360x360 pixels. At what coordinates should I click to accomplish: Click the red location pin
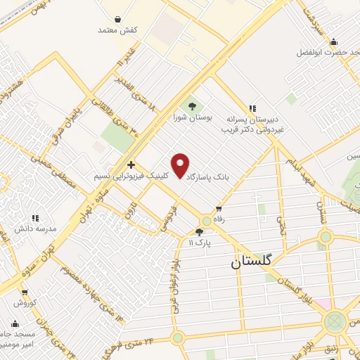point(181,166)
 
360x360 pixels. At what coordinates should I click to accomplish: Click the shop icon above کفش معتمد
point(117,19)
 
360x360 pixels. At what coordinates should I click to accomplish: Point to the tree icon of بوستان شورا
point(192,106)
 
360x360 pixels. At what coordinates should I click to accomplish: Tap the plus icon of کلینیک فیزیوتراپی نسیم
point(131,164)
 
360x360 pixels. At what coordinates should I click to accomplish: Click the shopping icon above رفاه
point(219,208)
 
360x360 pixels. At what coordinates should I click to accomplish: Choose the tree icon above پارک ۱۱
point(200,231)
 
